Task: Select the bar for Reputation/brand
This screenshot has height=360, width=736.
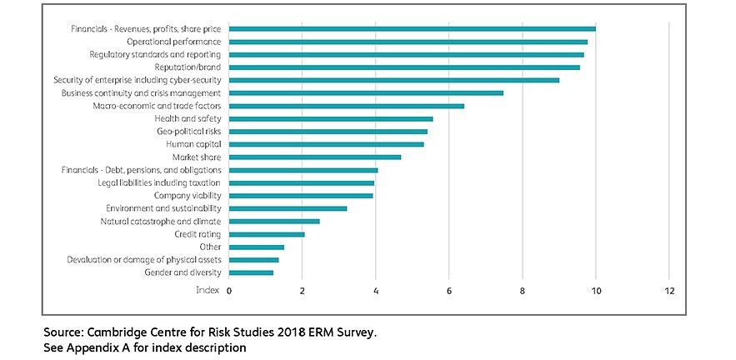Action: [404, 67]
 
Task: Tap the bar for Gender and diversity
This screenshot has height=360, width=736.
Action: [251, 272]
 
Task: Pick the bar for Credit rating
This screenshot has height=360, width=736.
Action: [267, 234]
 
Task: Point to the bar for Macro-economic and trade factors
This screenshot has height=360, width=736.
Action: [346, 106]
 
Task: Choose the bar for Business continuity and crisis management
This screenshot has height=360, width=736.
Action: [366, 92]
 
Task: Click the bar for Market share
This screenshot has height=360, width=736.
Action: [314, 157]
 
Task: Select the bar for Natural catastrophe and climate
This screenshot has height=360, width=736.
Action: [274, 221]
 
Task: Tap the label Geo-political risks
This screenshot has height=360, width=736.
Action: [188, 132]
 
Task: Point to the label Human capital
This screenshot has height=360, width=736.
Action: [193, 144]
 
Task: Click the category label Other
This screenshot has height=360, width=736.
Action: [210, 247]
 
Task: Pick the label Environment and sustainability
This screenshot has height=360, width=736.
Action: [163, 208]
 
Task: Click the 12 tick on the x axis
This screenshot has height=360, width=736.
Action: [668, 291]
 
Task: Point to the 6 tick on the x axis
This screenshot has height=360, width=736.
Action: [449, 291]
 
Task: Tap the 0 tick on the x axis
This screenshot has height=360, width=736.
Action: [229, 291]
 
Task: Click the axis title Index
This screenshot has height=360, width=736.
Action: [207, 291]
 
